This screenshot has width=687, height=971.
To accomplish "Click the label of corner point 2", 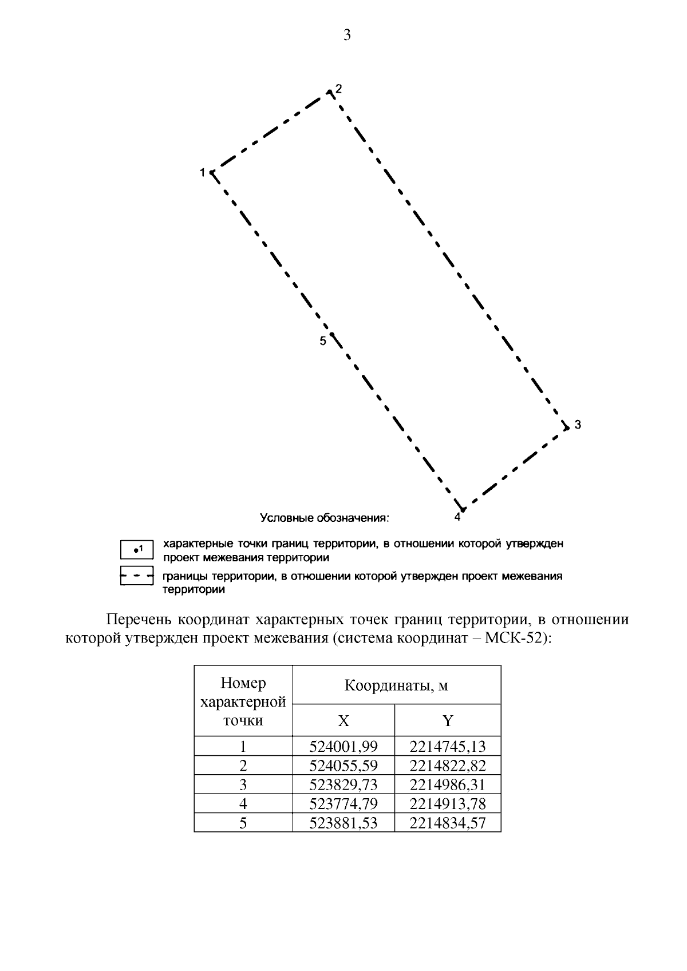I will point(338,89).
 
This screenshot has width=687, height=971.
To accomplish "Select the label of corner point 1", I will point(202,172).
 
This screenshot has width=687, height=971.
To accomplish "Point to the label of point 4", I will point(457,517).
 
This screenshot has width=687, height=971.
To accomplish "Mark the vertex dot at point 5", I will point(331,334).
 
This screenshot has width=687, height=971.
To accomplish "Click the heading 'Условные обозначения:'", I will point(325,518).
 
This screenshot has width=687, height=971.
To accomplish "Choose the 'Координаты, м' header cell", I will point(396,685).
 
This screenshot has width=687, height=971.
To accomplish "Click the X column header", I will point(343,721).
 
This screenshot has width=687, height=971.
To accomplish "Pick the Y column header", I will point(448,721).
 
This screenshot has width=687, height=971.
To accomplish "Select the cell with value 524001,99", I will point(343,746).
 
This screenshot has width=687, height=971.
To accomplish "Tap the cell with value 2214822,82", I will point(448,766).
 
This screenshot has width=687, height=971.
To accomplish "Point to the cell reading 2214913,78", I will point(448,804).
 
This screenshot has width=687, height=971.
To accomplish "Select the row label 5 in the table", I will point(243,823).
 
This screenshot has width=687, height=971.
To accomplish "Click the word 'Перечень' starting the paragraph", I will point(139,620).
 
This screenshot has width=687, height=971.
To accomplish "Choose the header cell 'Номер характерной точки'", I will point(243,702).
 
